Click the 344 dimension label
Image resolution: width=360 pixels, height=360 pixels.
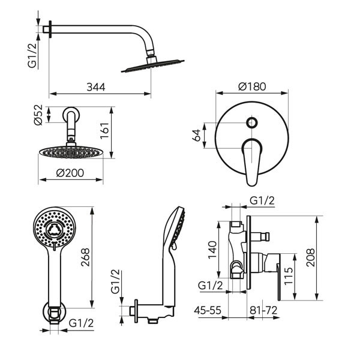point(96,87)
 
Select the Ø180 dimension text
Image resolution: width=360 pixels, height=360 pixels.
point(252,86)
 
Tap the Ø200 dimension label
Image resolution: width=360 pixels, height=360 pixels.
point(70,173)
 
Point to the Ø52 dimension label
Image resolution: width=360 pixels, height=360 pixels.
point(38,115)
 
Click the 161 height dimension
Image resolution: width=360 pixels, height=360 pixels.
point(104,130)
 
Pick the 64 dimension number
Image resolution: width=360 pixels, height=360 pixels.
point(196,135)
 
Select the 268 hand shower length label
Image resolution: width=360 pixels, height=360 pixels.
point(85,257)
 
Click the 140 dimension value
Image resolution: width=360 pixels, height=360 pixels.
point(212,250)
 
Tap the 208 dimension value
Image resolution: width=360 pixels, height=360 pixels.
point(311,257)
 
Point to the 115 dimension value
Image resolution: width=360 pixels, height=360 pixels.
point(289,276)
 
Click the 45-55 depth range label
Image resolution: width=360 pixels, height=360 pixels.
point(208,310)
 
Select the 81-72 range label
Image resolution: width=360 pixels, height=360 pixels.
point(263,310)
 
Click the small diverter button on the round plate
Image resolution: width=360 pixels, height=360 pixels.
point(251,122)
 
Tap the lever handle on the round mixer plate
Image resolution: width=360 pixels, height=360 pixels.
point(251,161)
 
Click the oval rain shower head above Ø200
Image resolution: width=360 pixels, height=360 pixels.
point(70,152)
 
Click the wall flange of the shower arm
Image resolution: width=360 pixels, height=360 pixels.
point(50,29)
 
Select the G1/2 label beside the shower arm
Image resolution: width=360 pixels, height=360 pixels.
point(32,55)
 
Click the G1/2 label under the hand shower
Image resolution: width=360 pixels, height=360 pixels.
point(81,323)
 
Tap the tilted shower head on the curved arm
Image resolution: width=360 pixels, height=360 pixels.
point(152,66)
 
